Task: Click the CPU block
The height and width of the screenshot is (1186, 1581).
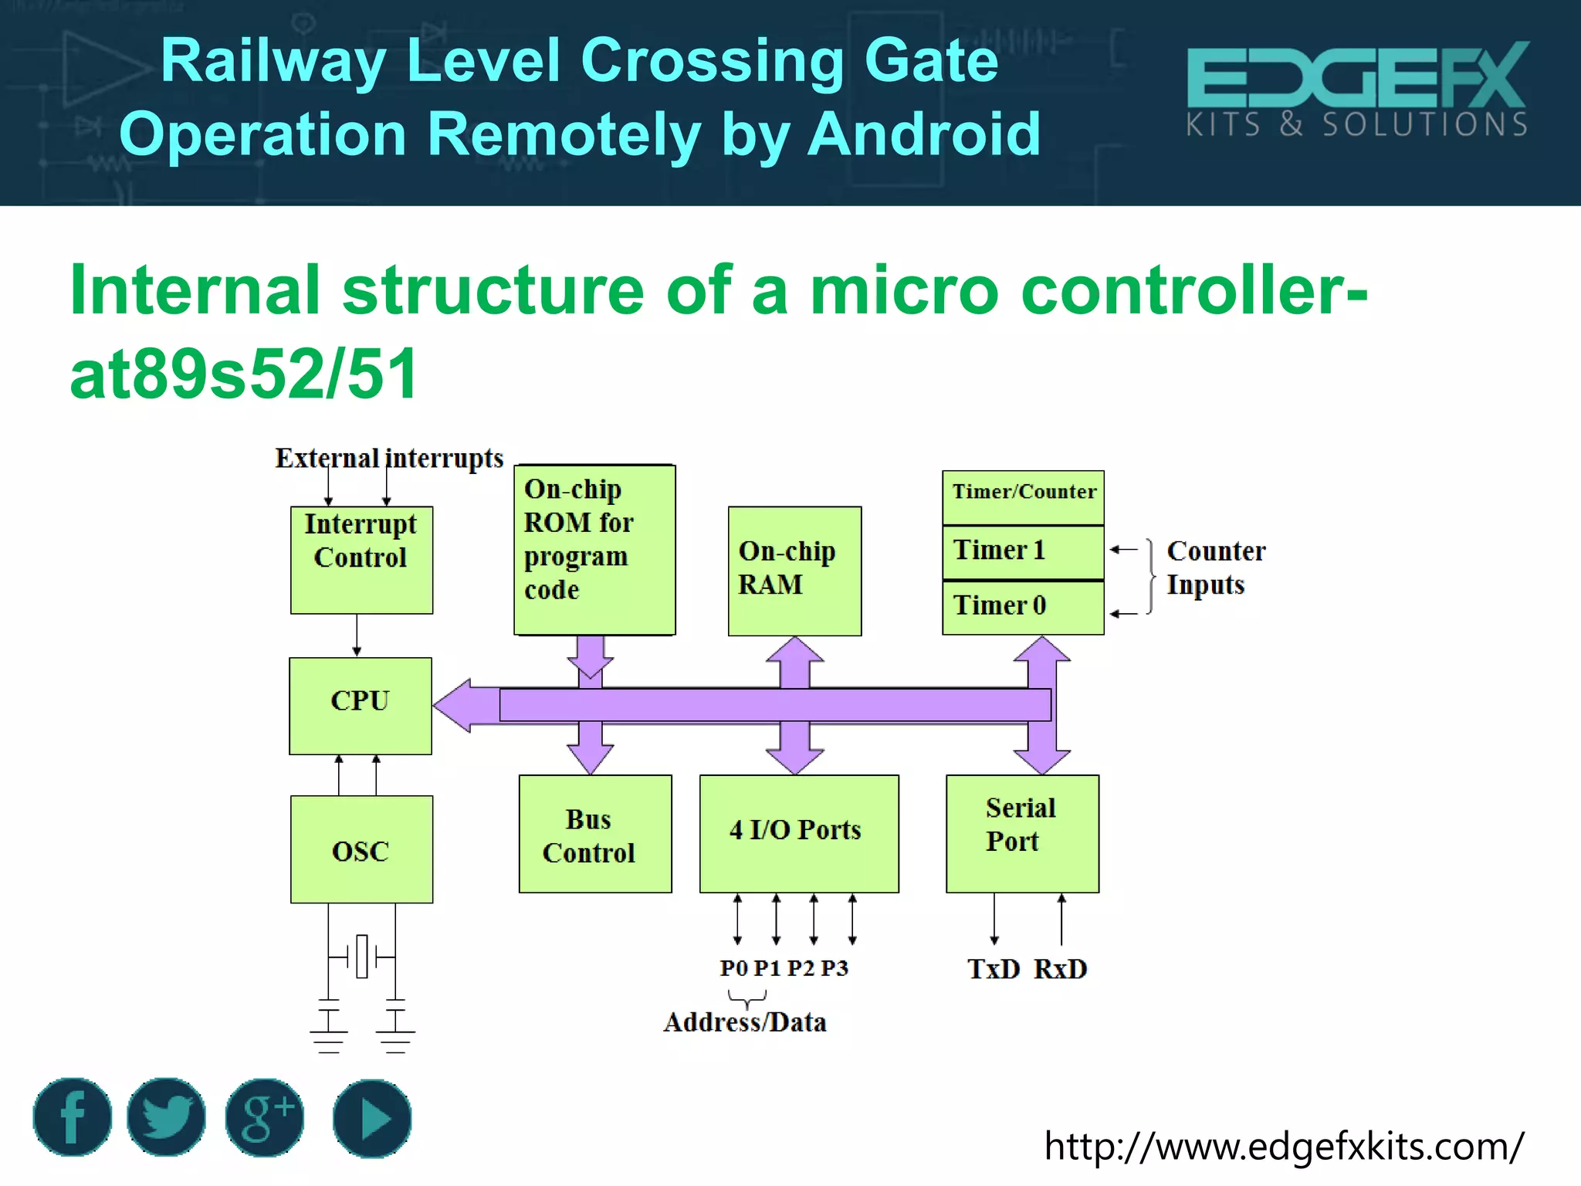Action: click(360, 706)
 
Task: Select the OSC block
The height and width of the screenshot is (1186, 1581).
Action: click(361, 849)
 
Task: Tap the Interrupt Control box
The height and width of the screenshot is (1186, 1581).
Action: click(361, 559)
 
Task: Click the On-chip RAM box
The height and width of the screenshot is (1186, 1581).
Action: click(794, 571)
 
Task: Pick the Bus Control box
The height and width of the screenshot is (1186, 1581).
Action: click(594, 834)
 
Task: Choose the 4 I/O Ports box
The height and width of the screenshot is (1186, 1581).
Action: click(798, 833)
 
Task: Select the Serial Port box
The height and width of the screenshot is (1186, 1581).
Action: click(1022, 833)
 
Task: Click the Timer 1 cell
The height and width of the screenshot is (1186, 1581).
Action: click(1022, 551)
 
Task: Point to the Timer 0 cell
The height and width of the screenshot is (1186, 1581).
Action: click(1022, 607)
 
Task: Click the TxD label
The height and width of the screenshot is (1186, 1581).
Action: click(994, 969)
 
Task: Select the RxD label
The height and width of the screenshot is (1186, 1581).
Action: click(1060, 969)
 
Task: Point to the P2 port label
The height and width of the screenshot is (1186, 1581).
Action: click(801, 968)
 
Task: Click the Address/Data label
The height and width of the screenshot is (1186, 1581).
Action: click(744, 1022)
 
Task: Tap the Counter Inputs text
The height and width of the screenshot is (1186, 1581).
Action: click(1214, 568)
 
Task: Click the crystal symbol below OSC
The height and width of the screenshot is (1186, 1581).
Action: click(361, 957)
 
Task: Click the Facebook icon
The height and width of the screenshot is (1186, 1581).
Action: click(73, 1117)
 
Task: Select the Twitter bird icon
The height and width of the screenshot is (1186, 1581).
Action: click(166, 1117)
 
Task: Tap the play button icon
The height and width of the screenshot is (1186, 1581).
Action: click(372, 1118)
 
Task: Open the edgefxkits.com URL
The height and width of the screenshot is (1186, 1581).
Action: click(1283, 1146)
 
